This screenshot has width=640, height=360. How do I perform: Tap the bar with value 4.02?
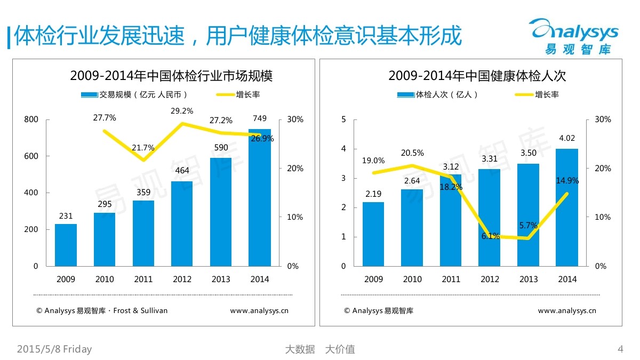click(567, 207)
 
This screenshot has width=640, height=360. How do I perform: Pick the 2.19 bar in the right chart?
click(373, 234)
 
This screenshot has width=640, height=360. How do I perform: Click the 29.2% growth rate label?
click(182, 111)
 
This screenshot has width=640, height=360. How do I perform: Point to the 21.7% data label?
click(143, 148)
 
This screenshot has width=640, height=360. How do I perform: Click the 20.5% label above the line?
click(412, 153)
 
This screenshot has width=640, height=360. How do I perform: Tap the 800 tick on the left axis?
click(31, 119)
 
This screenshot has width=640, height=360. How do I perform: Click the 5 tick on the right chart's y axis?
click(343, 119)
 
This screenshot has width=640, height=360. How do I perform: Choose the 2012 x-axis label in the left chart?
click(182, 279)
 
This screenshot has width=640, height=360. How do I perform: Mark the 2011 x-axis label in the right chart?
click(451, 279)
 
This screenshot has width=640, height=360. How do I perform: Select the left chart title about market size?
click(171, 76)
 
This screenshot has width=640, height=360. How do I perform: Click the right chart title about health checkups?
click(477, 76)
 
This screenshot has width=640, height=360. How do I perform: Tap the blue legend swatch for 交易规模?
click(89, 95)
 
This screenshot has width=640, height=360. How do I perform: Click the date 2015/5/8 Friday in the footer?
click(54, 349)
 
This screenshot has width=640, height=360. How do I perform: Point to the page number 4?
click(620, 349)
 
